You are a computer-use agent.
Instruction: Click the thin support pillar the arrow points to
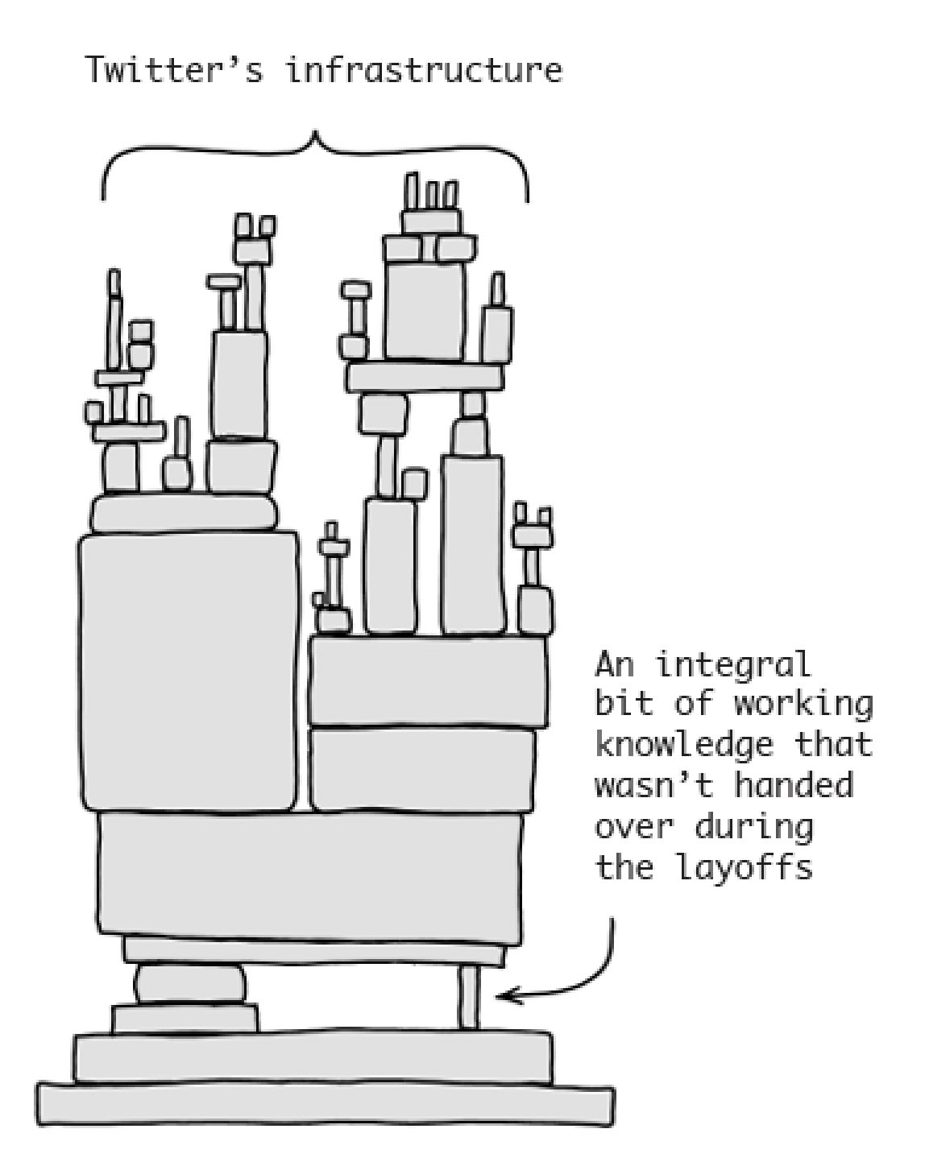468,998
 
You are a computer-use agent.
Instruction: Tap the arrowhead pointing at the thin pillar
504,997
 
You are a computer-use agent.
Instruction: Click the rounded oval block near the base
190,985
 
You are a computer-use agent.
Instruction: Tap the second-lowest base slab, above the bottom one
313,1056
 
